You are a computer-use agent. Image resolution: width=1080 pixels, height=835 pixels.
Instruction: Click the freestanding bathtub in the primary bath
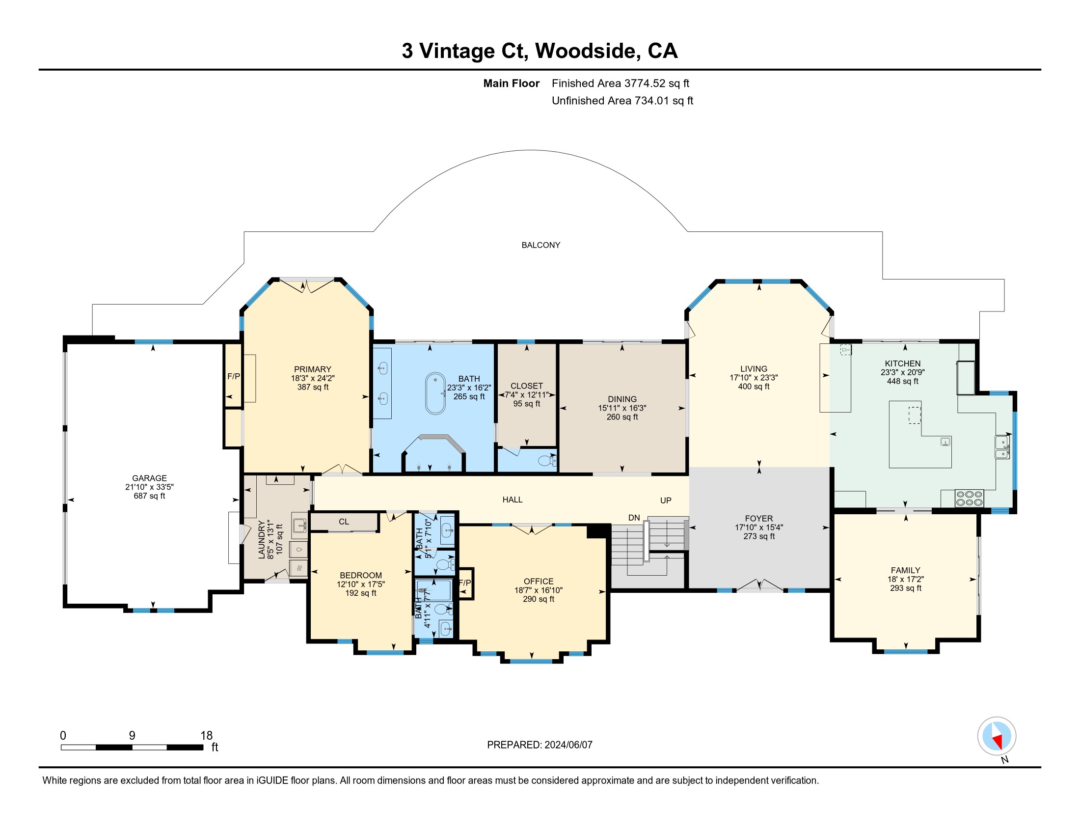435,393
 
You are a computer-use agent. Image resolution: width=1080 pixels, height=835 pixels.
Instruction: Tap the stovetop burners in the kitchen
969,498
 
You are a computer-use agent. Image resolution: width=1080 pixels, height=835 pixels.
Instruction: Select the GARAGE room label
149,478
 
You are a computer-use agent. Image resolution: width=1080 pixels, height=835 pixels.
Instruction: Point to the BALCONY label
541,246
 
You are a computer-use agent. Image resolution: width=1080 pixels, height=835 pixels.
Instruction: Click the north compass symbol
997,736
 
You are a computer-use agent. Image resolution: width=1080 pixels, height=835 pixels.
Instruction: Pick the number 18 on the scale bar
206,736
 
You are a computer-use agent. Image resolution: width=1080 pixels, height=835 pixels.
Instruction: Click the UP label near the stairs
666,501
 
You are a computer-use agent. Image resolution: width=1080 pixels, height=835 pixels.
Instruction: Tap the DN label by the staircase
634,518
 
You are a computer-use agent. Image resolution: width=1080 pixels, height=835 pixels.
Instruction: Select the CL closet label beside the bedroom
344,522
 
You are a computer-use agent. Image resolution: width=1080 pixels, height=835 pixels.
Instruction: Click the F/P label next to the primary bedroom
233,376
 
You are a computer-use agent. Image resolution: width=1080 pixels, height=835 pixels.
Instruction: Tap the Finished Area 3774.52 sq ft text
620,83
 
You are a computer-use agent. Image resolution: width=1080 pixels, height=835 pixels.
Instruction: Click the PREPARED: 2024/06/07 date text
540,745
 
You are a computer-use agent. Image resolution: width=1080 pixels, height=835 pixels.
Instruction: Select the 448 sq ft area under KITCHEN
902,381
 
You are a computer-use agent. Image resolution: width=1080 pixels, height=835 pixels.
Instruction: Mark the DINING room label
622,399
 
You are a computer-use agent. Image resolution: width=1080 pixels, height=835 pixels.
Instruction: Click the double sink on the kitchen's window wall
1002,447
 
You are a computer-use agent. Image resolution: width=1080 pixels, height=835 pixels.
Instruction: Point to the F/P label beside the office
465,583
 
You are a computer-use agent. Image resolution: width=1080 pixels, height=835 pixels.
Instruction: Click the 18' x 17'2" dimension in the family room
905,579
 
